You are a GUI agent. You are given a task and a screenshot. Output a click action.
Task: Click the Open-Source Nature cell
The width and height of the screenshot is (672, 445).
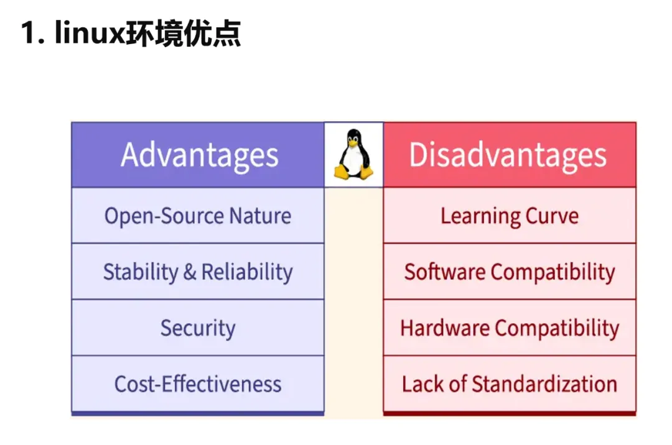(198, 216)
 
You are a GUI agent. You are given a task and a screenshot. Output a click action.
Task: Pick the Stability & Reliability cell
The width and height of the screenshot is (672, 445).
(198, 272)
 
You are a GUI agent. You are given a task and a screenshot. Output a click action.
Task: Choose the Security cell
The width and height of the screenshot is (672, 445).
(198, 328)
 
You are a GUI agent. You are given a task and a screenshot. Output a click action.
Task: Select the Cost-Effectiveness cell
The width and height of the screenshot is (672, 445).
(198, 383)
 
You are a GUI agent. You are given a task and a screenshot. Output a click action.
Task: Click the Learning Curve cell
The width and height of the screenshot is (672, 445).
(509, 216)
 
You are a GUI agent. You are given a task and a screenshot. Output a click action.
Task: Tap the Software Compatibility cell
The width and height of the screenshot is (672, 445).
(509, 272)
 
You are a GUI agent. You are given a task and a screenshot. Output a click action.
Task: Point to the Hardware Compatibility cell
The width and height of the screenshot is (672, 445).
(509, 328)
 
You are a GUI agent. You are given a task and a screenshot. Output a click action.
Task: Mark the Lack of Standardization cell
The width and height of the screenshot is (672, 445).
(509, 383)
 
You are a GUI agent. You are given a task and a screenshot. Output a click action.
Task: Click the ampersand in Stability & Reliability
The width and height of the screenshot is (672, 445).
(189, 272)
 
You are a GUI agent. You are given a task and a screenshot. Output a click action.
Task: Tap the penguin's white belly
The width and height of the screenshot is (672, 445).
(353, 160)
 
